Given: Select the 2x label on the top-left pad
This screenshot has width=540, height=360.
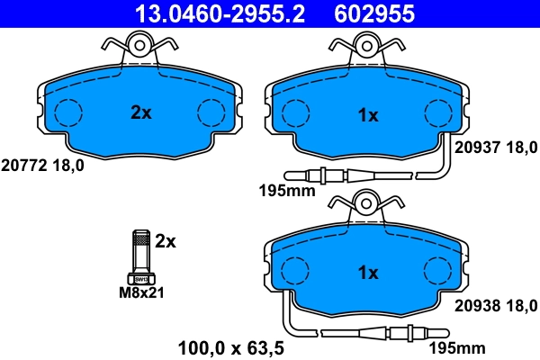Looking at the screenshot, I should (x=140, y=113).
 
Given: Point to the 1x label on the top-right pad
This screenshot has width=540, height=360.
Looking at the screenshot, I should (x=368, y=115).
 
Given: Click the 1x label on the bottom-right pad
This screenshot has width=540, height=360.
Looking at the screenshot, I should (x=368, y=273).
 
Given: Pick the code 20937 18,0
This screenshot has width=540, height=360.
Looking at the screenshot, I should (x=496, y=148).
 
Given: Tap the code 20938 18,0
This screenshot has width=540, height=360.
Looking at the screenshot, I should (x=496, y=304).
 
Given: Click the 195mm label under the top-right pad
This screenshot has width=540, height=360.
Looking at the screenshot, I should (x=281, y=191).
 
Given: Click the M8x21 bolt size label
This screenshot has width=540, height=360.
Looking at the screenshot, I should (x=143, y=292).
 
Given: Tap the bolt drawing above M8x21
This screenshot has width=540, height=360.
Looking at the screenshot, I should (x=141, y=256).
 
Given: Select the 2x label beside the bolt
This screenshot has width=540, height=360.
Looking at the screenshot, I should (x=165, y=241).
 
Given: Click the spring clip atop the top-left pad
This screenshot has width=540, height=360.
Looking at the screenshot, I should (x=139, y=45).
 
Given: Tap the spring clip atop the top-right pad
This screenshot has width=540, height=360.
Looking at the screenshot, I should (x=368, y=45).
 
